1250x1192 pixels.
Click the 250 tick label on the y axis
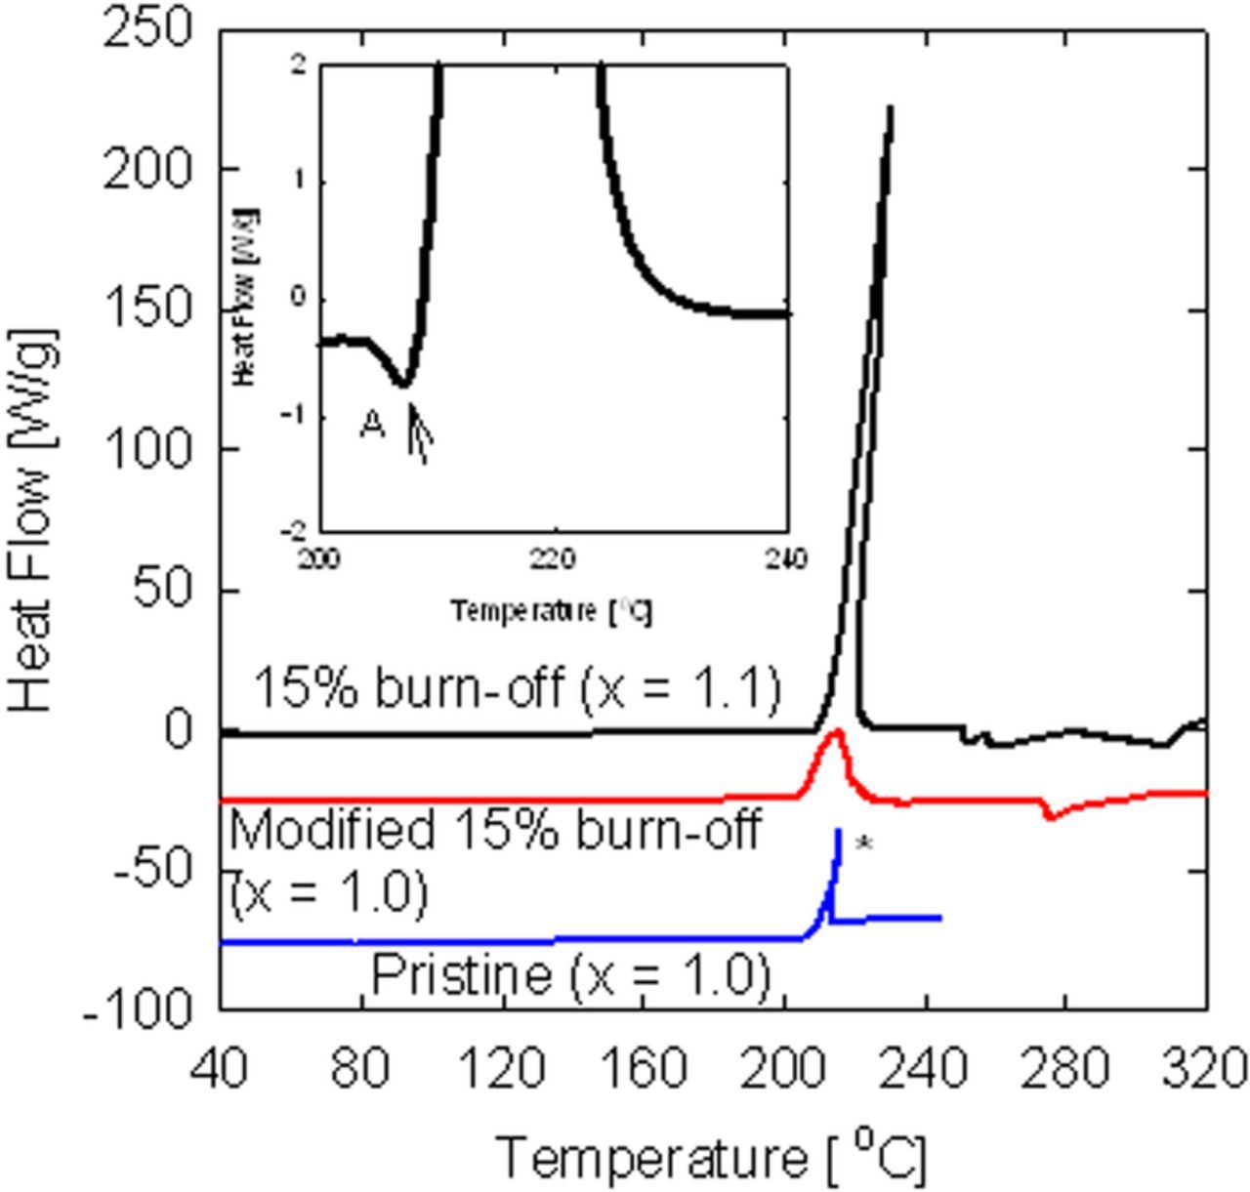click(147, 29)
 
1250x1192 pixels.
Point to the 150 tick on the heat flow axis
click(147, 310)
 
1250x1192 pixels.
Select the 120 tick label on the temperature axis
click(501, 1069)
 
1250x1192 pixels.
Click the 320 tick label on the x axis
click(1205, 1069)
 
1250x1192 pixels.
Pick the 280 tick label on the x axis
click(1064, 1069)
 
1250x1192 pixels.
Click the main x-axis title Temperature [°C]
click(712, 1157)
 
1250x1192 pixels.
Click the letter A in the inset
click(372, 425)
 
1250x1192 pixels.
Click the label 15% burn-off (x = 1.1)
click(518, 687)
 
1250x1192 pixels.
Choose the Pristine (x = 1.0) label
click(571, 974)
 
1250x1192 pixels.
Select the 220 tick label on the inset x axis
click(554, 560)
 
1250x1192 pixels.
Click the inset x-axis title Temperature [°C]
click(552, 611)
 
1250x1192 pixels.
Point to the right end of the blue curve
click(939, 918)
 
